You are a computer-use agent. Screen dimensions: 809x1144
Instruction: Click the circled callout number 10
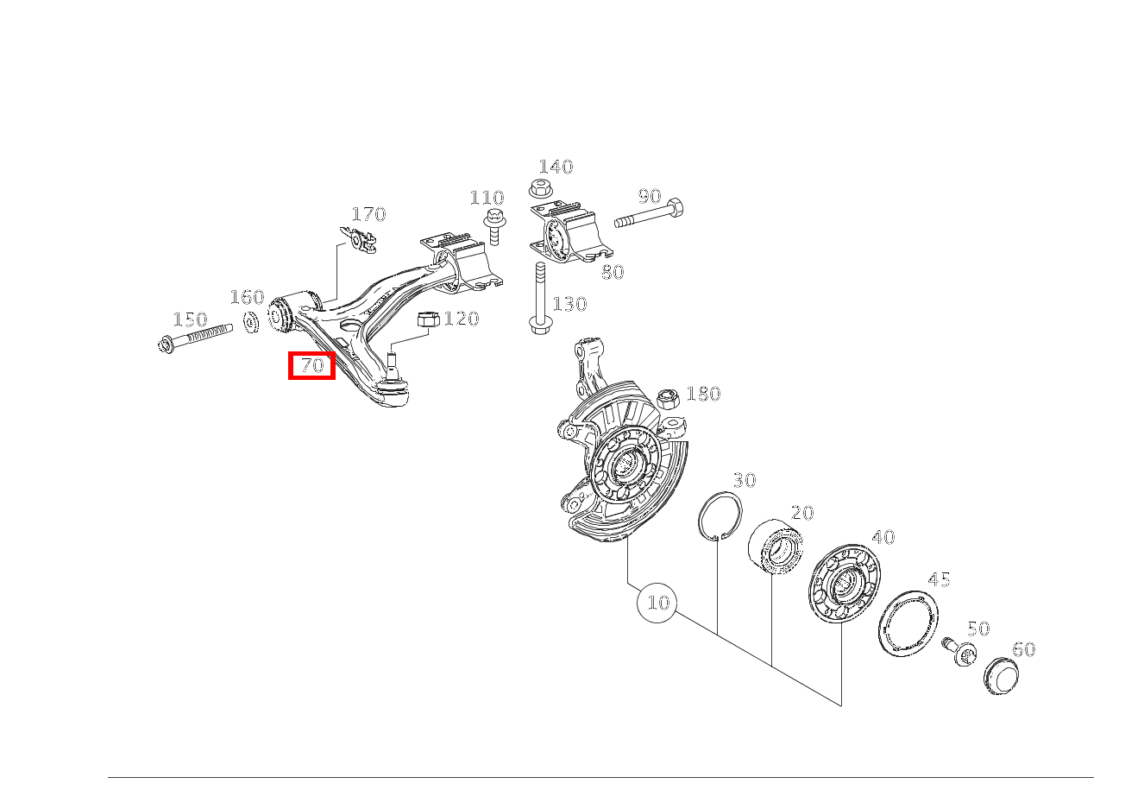[x=657, y=602]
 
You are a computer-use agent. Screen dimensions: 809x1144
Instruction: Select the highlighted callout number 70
[x=311, y=366]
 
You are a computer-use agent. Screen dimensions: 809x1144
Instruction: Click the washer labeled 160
[x=251, y=323]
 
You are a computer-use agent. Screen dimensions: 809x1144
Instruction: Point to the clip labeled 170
[x=361, y=240]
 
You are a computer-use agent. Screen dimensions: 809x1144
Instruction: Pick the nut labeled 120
[x=428, y=320]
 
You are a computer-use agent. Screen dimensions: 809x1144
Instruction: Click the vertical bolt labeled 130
[x=538, y=298]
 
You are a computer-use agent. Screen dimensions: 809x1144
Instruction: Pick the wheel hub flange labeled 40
[x=841, y=584]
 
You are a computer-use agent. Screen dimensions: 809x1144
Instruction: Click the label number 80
[x=612, y=272]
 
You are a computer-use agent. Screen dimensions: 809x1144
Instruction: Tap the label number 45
[x=938, y=579]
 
